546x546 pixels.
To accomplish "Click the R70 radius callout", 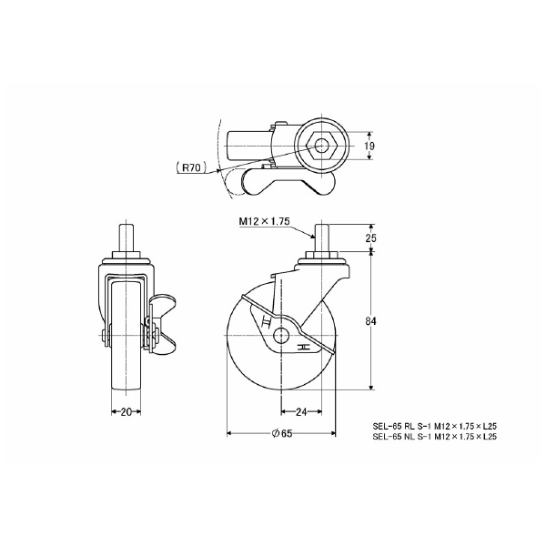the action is point(191,167).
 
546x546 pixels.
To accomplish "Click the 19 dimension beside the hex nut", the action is point(369,146).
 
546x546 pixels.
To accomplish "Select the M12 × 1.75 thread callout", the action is point(264,221).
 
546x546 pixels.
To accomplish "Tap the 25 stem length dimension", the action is point(371,238).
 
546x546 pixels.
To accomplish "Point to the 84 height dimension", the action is point(371,321).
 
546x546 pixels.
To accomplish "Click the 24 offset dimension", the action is point(301,412).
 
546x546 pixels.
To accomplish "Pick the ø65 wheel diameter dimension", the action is point(282,433).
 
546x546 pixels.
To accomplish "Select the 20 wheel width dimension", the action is point(126,412).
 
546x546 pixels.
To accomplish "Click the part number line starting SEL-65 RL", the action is point(435,426).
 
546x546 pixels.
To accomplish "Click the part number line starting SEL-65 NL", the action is point(435,437).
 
